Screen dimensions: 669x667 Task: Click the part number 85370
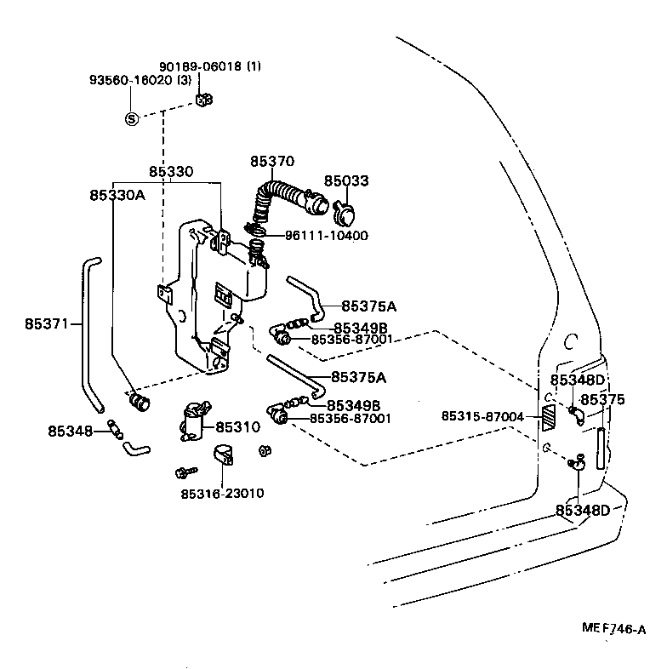coord(271,161)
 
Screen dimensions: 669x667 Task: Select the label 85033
coord(346,180)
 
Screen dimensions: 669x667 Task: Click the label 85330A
coord(117,195)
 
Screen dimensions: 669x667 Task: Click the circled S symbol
coord(132,118)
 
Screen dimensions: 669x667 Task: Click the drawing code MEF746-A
coord(613,629)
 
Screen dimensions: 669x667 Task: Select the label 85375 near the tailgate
coord(602,399)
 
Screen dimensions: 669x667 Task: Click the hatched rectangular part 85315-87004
coord(549,417)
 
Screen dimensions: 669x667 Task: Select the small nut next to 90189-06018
coord(203,100)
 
